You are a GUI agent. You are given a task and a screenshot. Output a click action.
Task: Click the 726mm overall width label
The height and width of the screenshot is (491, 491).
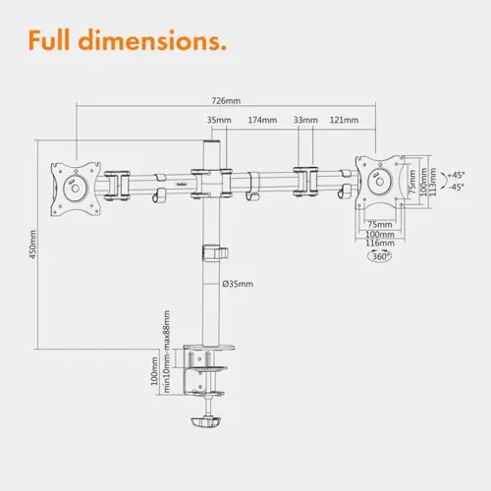click(226, 100)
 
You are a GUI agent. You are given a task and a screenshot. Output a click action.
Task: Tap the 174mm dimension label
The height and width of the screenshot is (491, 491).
click(262, 120)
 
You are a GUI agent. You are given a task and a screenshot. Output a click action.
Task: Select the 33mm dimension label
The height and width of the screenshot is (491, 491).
click(305, 120)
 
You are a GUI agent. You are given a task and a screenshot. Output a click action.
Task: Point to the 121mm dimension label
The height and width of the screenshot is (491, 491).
click(344, 120)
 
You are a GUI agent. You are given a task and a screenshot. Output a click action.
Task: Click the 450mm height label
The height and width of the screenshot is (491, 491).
click(33, 245)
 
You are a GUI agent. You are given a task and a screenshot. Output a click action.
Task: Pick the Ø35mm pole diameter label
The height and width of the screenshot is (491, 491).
click(238, 284)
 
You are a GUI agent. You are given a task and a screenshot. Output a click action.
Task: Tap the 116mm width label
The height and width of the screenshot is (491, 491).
click(380, 243)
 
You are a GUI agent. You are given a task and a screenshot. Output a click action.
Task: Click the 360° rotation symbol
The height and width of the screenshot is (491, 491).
click(380, 256)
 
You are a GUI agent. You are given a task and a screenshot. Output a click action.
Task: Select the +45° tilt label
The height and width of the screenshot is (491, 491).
click(456, 175)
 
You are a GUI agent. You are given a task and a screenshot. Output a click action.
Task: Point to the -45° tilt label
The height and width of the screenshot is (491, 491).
click(456, 188)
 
